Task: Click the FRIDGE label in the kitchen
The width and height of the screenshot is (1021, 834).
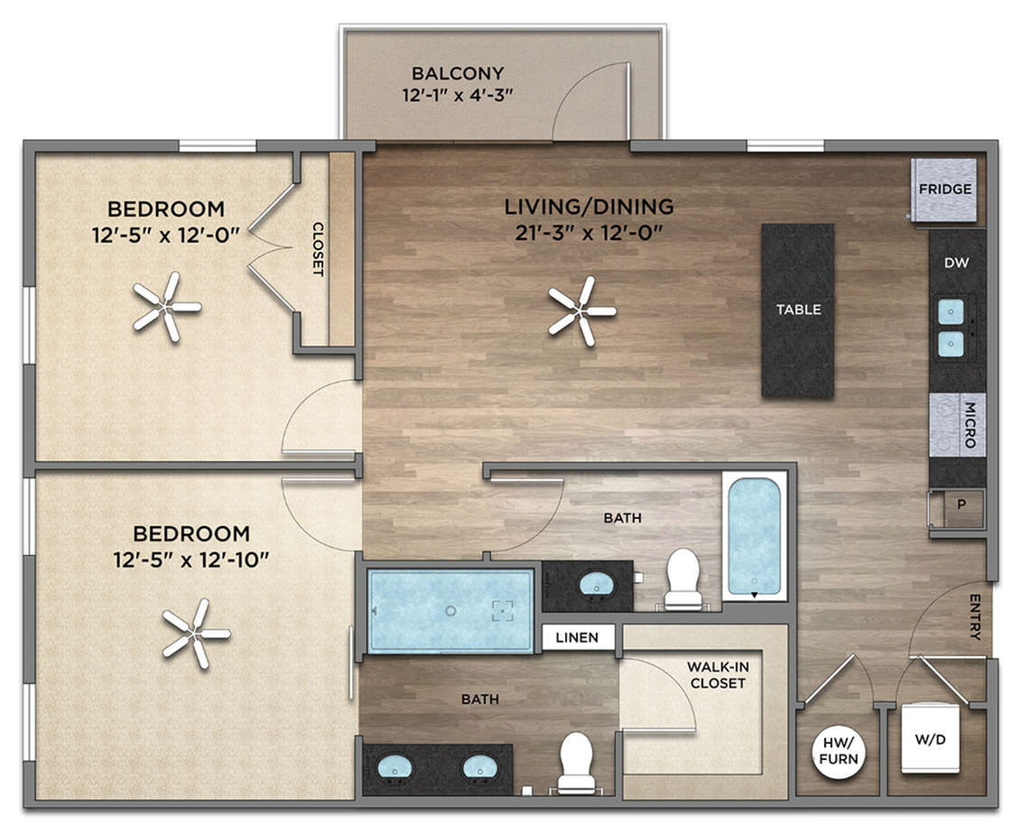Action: click(x=945, y=190)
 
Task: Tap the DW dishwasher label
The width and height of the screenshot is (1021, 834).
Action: click(x=957, y=263)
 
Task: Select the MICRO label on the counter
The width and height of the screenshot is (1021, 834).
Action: click(x=970, y=425)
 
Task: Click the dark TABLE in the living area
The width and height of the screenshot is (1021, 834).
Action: click(x=798, y=310)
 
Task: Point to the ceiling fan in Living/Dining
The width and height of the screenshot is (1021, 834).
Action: click(x=581, y=311)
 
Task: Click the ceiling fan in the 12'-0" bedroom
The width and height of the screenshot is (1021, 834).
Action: click(x=167, y=307)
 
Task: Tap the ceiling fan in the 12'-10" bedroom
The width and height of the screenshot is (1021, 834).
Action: click(x=195, y=634)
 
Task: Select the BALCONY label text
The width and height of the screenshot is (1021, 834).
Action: click(x=458, y=73)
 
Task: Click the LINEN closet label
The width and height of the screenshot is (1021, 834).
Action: click(x=577, y=637)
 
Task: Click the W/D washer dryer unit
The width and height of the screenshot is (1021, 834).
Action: click(x=930, y=738)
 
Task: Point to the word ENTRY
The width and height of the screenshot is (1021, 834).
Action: click(x=975, y=616)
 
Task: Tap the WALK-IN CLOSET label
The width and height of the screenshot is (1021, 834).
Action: click(x=718, y=675)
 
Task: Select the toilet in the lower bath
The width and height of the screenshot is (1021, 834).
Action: click(x=576, y=762)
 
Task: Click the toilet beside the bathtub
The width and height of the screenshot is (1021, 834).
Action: click(x=682, y=579)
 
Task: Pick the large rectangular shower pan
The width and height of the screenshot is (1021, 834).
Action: click(x=450, y=611)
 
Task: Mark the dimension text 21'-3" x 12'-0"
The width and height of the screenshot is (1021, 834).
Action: click(x=589, y=233)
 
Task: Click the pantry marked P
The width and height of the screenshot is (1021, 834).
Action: click(x=961, y=505)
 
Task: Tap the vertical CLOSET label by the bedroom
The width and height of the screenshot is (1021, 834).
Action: click(x=318, y=249)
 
